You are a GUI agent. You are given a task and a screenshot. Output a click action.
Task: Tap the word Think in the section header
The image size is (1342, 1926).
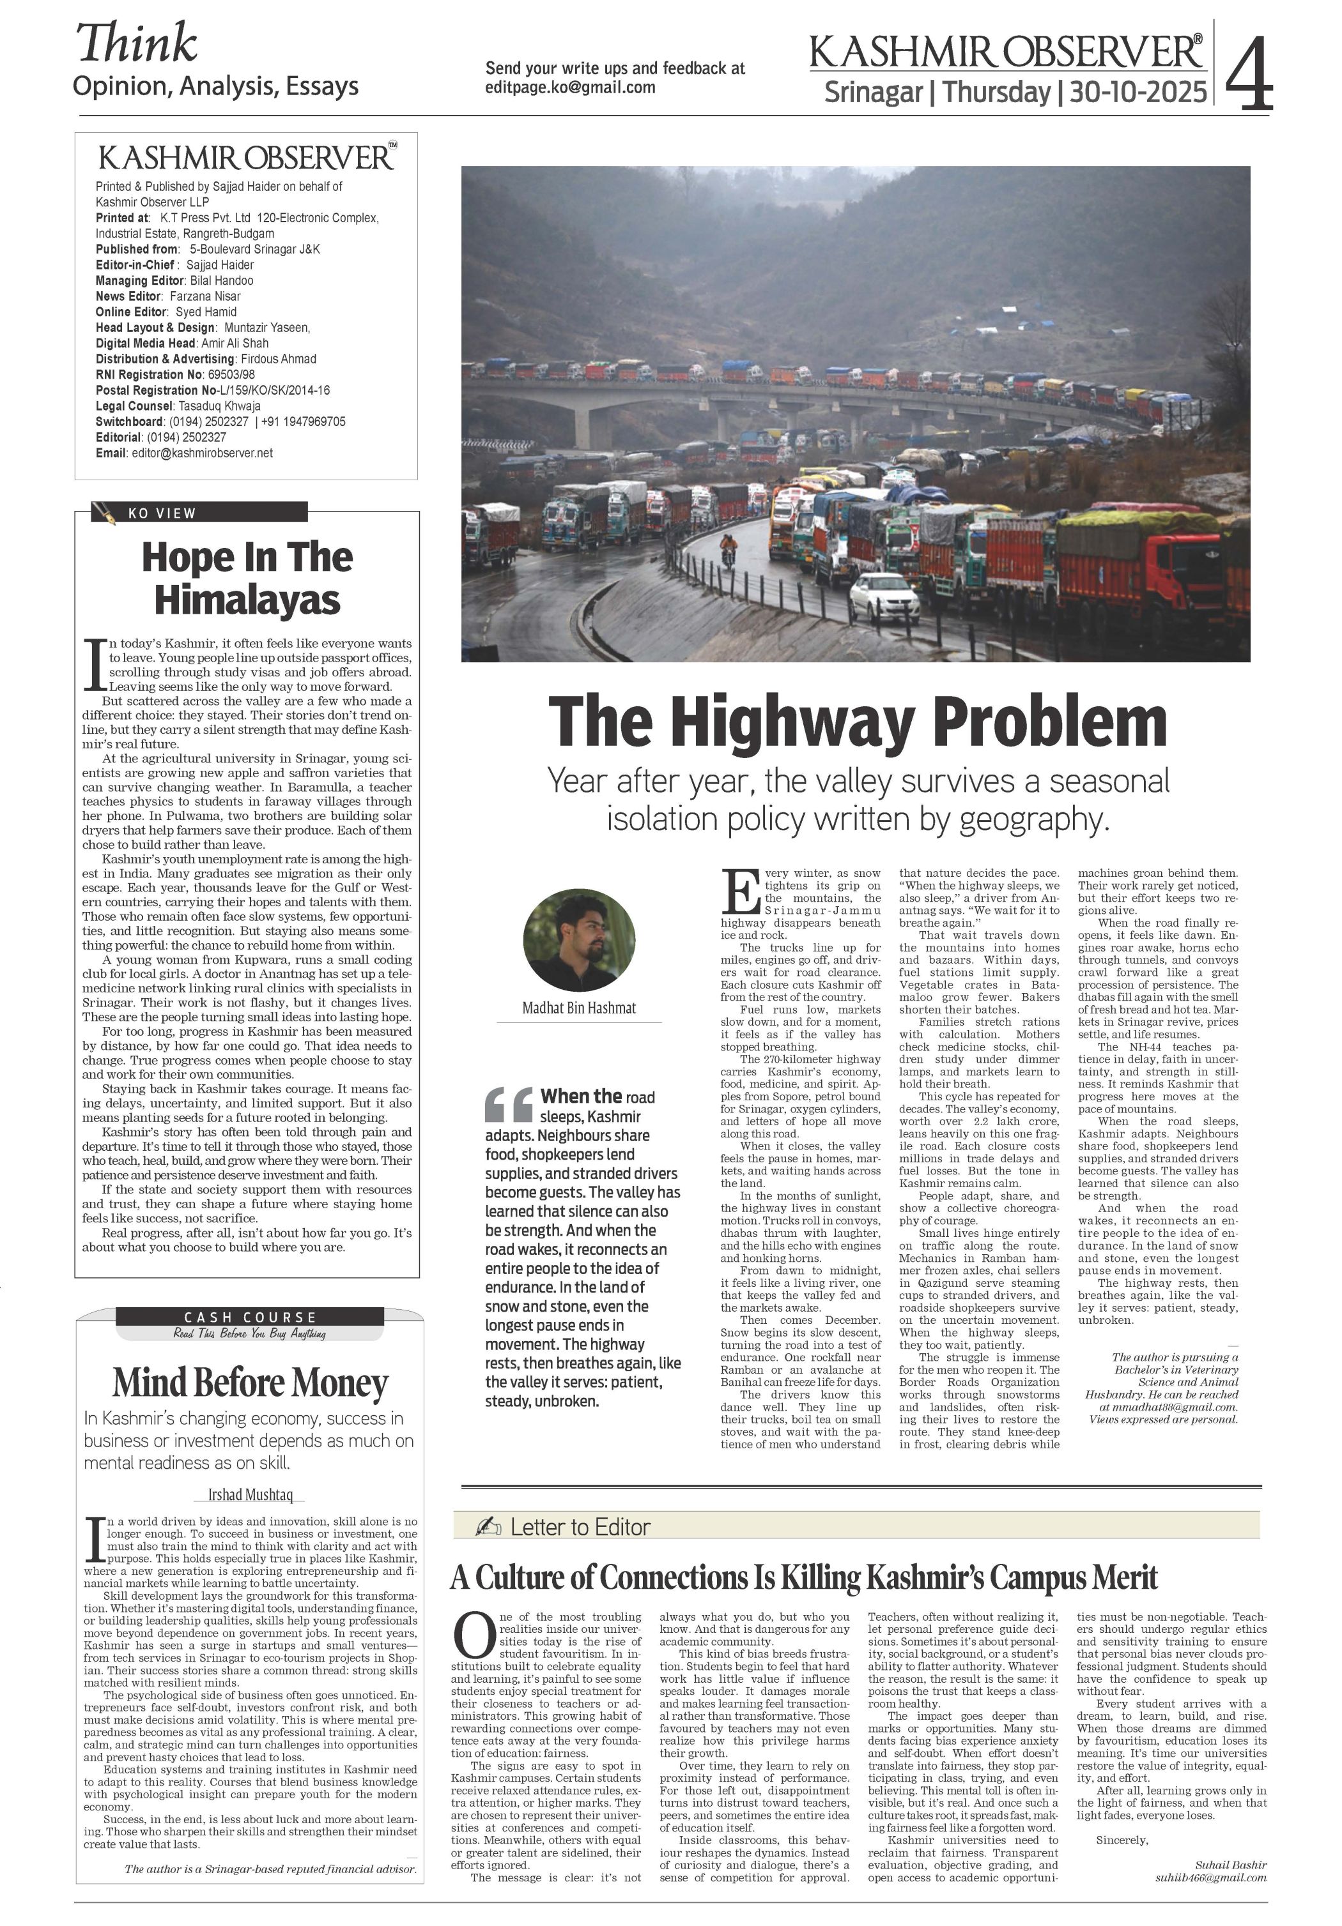click(x=137, y=43)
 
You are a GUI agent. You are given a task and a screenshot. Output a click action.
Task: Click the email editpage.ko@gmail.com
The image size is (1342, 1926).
click(x=570, y=87)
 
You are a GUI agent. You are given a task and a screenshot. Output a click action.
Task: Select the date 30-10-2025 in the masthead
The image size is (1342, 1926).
click(x=1138, y=91)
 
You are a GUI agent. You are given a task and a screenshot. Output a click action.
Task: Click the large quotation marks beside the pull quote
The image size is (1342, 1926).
click(x=509, y=1104)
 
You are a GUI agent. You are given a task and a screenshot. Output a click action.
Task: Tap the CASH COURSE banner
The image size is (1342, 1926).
click(x=250, y=1317)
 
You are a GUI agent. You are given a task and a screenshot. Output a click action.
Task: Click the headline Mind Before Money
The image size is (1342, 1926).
click(x=250, y=1383)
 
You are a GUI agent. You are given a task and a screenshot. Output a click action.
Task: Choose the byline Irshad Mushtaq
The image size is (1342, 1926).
click(x=250, y=1495)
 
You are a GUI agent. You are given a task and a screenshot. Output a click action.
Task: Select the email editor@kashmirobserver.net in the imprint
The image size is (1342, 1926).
click(x=201, y=453)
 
